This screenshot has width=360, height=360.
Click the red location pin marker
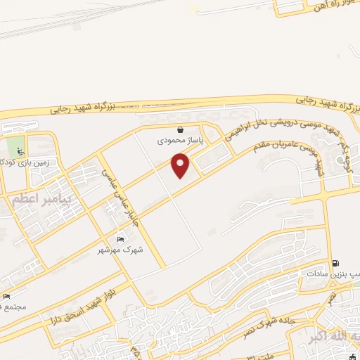(x=181, y=166)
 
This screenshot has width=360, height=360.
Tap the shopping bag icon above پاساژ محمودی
(x=181, y=129)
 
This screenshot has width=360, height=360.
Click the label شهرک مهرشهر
(x=122, y=250)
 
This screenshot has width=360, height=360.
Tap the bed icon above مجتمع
(x=7, y=296)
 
